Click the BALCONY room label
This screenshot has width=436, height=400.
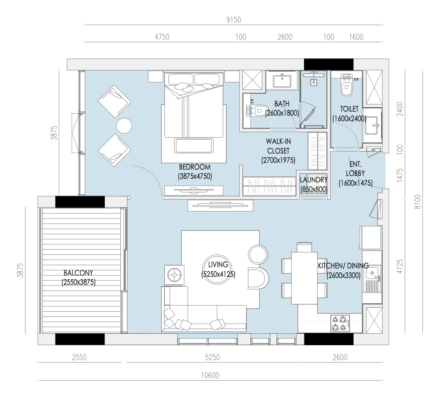tap(78, 273)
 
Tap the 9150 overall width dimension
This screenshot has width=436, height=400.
tap(234, 20)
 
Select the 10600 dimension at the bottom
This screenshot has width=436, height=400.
tap(210, 376)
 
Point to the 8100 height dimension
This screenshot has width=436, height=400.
tap(418, 202)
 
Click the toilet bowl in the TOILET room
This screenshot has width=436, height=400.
tap(346, 87)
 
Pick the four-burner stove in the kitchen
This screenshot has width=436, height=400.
tap(340, 323)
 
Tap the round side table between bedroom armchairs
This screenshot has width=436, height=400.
tap(124, 126)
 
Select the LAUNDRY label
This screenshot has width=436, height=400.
tap(314, 180)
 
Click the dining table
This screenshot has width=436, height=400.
tap(304, 278)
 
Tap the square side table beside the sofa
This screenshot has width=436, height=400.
tap(174, 275)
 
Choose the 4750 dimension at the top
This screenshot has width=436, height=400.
tap(162, 37)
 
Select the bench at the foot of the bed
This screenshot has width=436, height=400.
tap(194, 146)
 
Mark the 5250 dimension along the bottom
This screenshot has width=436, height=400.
tap(212, 357)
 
